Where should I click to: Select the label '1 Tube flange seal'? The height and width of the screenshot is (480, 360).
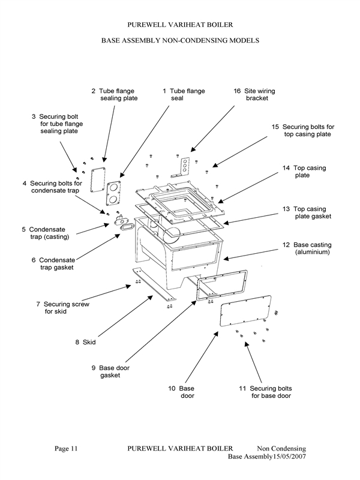(x=183, y=95)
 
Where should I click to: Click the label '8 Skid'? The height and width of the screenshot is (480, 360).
(x=85, y=342)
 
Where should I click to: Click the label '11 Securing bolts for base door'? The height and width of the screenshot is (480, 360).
(x=266, y=392)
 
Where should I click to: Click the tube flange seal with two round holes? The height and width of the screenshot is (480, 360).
(x=114, y=193)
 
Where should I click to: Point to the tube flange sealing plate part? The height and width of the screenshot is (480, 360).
(x=96, y=178)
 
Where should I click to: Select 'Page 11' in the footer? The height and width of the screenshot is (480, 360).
(x=66, y=449)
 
